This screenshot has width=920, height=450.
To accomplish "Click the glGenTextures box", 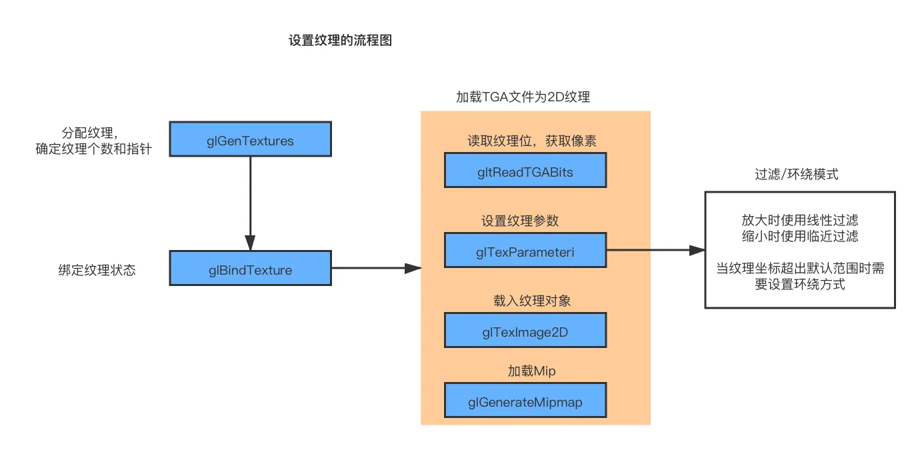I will coord(250,139).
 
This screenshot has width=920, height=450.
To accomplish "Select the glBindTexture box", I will coord(250,269).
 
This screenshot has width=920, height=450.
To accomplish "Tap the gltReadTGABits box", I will coord(525,171).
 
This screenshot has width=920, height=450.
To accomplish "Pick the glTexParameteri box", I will coord(525,250).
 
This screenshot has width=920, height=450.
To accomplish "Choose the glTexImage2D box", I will coord(525,330).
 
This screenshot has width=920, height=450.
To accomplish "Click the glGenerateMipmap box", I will coord(525,400).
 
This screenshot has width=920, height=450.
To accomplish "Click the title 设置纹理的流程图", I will coord(340,41).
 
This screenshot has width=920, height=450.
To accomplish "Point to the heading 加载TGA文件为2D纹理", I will coord(523,97).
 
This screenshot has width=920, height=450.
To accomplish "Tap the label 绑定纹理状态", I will coord(97,271).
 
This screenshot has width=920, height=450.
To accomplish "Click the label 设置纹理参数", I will coord(520,221).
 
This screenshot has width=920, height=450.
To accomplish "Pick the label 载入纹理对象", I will coord(527,301).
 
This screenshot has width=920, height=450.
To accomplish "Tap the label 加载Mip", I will coord(527,371).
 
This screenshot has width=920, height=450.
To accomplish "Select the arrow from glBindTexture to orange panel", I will coord(377,269).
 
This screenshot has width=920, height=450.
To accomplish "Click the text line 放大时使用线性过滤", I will coord(800,221).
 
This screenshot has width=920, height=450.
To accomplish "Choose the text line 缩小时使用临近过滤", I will coord(800,237).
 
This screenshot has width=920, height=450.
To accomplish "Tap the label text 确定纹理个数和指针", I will coord(94,149).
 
